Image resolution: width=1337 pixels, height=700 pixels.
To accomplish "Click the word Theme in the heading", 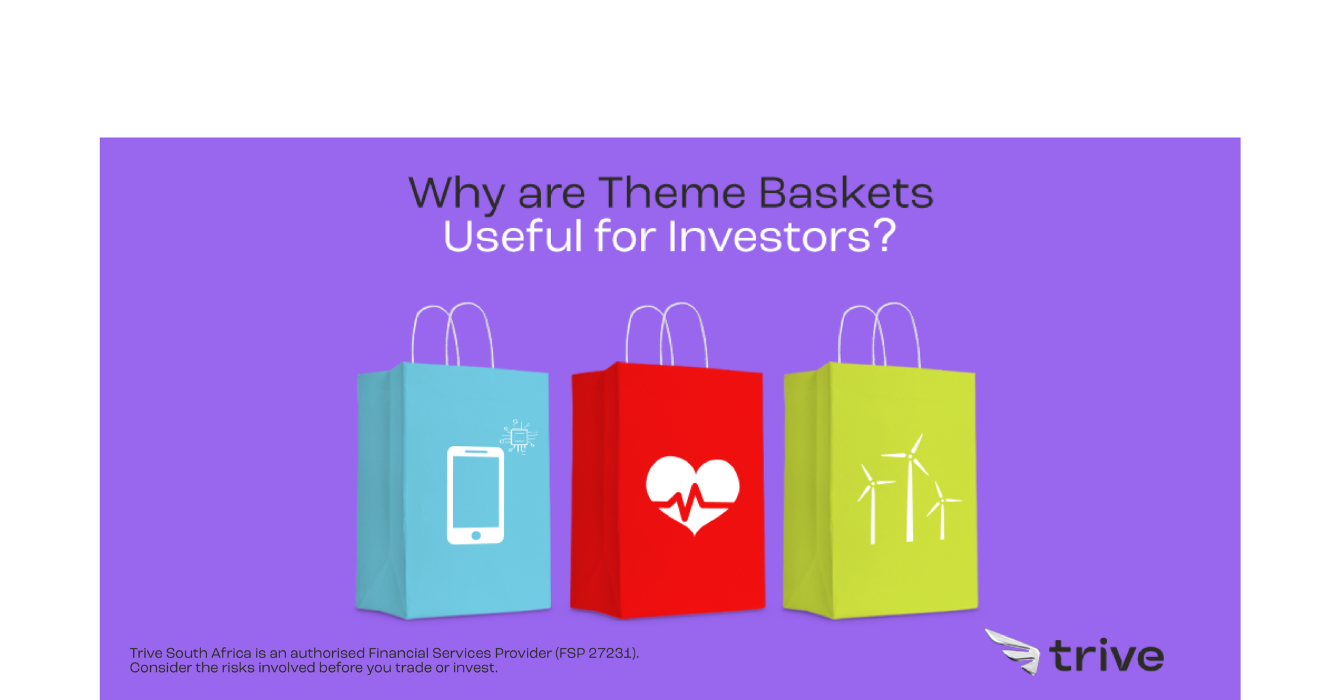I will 672,193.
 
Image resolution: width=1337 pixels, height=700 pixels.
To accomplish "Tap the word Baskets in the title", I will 846,193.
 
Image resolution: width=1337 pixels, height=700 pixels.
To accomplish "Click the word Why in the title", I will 456,193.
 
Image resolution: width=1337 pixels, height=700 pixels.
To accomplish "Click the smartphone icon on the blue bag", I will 475,495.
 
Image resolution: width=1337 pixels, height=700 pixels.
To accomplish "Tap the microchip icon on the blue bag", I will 519,437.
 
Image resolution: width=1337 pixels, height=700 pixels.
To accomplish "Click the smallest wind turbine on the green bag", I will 941,513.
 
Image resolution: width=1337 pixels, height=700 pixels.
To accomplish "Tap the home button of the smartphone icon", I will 476,535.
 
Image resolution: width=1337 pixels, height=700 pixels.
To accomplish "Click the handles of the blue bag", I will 452,333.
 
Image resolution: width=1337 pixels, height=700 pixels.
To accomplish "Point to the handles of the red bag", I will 667,333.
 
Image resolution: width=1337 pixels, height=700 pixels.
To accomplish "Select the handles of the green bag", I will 879,333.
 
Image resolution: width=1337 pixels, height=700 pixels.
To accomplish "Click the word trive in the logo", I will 1106,656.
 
